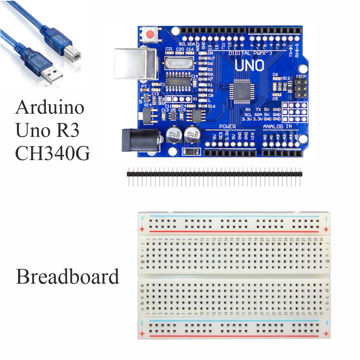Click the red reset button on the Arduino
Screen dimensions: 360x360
point(150,35)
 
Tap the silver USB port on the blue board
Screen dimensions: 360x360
point(135,63)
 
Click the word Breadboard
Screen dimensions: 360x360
point(67,277)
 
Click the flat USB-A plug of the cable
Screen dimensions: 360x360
point(50,74)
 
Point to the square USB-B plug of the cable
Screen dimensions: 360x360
point(71,51)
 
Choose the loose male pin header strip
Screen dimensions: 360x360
point(214,174)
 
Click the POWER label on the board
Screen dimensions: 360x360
point(227,127)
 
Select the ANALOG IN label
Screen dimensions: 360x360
point(277,127)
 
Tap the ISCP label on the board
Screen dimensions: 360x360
point(300,77)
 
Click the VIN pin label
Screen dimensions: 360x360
point(252,137)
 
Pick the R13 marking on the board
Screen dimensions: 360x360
point(286,78)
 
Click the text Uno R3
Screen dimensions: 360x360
point(47,130)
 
